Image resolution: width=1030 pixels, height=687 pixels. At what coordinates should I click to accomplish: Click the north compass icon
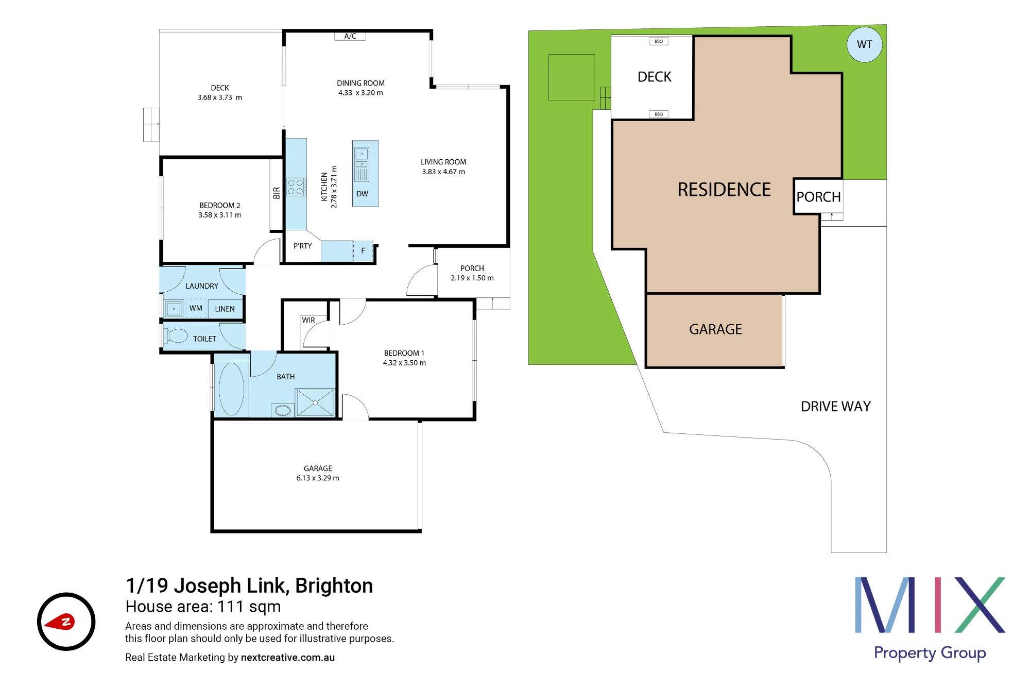66,622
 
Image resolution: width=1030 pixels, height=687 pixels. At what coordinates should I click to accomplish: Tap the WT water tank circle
864,44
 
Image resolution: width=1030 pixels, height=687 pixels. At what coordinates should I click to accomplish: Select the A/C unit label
350,36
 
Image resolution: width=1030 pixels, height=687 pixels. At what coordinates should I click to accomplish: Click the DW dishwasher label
362,194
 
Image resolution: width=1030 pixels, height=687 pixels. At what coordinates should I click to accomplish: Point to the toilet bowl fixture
176,336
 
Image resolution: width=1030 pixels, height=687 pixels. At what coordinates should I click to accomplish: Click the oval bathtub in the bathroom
231,389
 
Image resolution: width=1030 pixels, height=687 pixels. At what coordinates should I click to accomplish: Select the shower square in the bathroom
315,403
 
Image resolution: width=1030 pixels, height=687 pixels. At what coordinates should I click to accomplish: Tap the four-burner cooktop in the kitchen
296,187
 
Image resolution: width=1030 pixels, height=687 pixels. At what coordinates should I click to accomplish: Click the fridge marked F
363,251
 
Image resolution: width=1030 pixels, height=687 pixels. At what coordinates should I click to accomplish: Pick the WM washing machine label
196,308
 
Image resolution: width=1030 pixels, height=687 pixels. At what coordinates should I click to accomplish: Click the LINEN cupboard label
225,309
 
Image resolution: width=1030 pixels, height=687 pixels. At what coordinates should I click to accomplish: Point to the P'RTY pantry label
303,246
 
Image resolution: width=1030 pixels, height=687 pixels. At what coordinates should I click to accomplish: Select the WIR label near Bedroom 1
308,320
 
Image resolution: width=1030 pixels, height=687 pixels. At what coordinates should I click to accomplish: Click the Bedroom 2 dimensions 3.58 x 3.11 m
220,215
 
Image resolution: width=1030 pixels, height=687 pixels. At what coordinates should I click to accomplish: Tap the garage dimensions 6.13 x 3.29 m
318,478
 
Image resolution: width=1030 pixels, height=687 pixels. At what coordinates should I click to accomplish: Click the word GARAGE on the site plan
715,329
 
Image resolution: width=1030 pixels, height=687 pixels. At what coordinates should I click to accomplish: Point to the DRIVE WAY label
836,407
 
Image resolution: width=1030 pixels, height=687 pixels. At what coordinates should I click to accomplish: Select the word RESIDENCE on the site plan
724,190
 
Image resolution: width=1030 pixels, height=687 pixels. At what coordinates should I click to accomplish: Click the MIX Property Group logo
930,618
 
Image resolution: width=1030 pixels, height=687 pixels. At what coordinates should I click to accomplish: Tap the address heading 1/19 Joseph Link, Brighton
249,585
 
